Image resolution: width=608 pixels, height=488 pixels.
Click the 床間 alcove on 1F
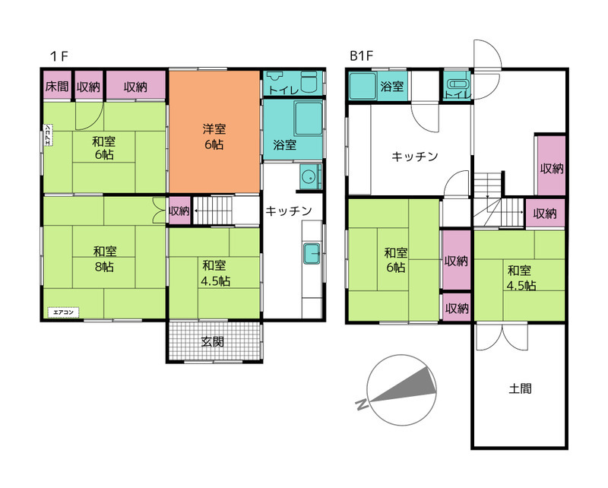pyautogui.click(x=57, y=85)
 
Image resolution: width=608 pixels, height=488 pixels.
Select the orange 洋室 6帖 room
pyautogui.click(x=214, y=132)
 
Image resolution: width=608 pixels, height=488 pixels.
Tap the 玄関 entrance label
pyautogui.click(x=213, y=342)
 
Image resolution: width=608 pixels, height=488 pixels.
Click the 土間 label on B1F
pyautogui.click(x=520, y=388)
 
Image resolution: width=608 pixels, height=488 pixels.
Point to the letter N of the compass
pyautogui.click(x=362, y=404)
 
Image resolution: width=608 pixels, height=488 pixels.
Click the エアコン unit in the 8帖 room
pyautogui.click(x=63, y=312)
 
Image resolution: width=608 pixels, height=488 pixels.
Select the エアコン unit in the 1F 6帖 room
pyautogui.click(x=48, y=135)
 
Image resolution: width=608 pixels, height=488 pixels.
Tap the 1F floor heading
pyautogui.click(x=59, y=56)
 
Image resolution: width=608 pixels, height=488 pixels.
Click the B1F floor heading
pyautogui.click(x=361, y=55)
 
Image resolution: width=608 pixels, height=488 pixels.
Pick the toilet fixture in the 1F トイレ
pyautogui.click(x=309, y=82)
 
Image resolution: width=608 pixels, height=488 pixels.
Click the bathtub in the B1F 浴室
pyautogui.click(x=363, y=86)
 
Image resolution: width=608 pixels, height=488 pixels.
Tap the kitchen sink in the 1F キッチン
pyautogui.click(x=312, y=253)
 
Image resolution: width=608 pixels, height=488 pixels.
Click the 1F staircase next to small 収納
pyautogui.click(x=213, y=211)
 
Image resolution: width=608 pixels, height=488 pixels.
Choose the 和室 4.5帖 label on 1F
pyautogui.click(x=216, y=273)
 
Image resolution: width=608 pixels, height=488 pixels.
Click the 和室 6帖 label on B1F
pyautogui.click(x=395, y=260)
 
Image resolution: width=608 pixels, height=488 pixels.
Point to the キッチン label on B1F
pyautogui.click(x=414, y=157)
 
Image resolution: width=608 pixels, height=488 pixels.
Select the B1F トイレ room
pyautogui.click(x=458, y=85)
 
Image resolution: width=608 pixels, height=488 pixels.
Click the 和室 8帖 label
pyautogui.click(x=105, y=258)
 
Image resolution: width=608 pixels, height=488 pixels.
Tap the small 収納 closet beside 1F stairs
pyautogui.click(x=179, y=211)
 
